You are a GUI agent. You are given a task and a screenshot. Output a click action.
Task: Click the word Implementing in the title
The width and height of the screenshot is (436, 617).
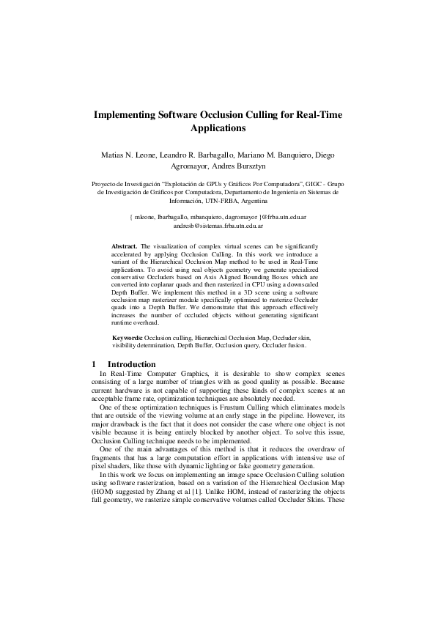(125, 115)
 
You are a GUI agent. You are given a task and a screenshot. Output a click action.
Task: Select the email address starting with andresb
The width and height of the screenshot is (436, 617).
(218, 227)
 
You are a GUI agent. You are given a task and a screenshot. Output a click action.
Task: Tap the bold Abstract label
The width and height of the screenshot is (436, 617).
(124, 247)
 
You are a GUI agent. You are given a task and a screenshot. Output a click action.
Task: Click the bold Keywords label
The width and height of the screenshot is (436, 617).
(128, 336)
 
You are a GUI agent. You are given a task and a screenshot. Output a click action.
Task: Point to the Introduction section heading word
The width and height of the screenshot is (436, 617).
(131, 364)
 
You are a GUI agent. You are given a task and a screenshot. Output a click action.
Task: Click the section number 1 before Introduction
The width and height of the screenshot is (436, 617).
(95, 364)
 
